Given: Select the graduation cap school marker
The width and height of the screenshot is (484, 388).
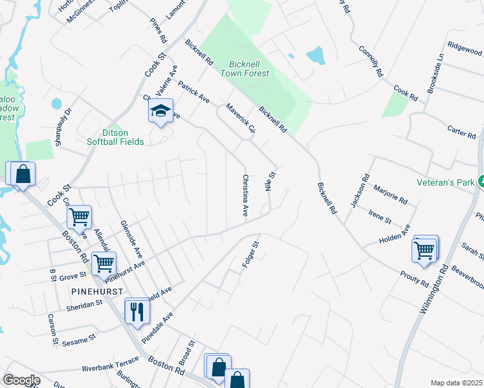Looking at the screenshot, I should point(160,112).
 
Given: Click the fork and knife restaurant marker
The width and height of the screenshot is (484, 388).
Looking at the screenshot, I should point(137,312).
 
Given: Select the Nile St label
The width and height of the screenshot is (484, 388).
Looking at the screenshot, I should point(270,180).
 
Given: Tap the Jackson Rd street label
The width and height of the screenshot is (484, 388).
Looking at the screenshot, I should point(358,190).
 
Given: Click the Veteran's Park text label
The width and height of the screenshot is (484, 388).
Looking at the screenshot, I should point(445,183).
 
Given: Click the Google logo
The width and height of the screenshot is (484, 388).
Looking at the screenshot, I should point(21,380).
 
